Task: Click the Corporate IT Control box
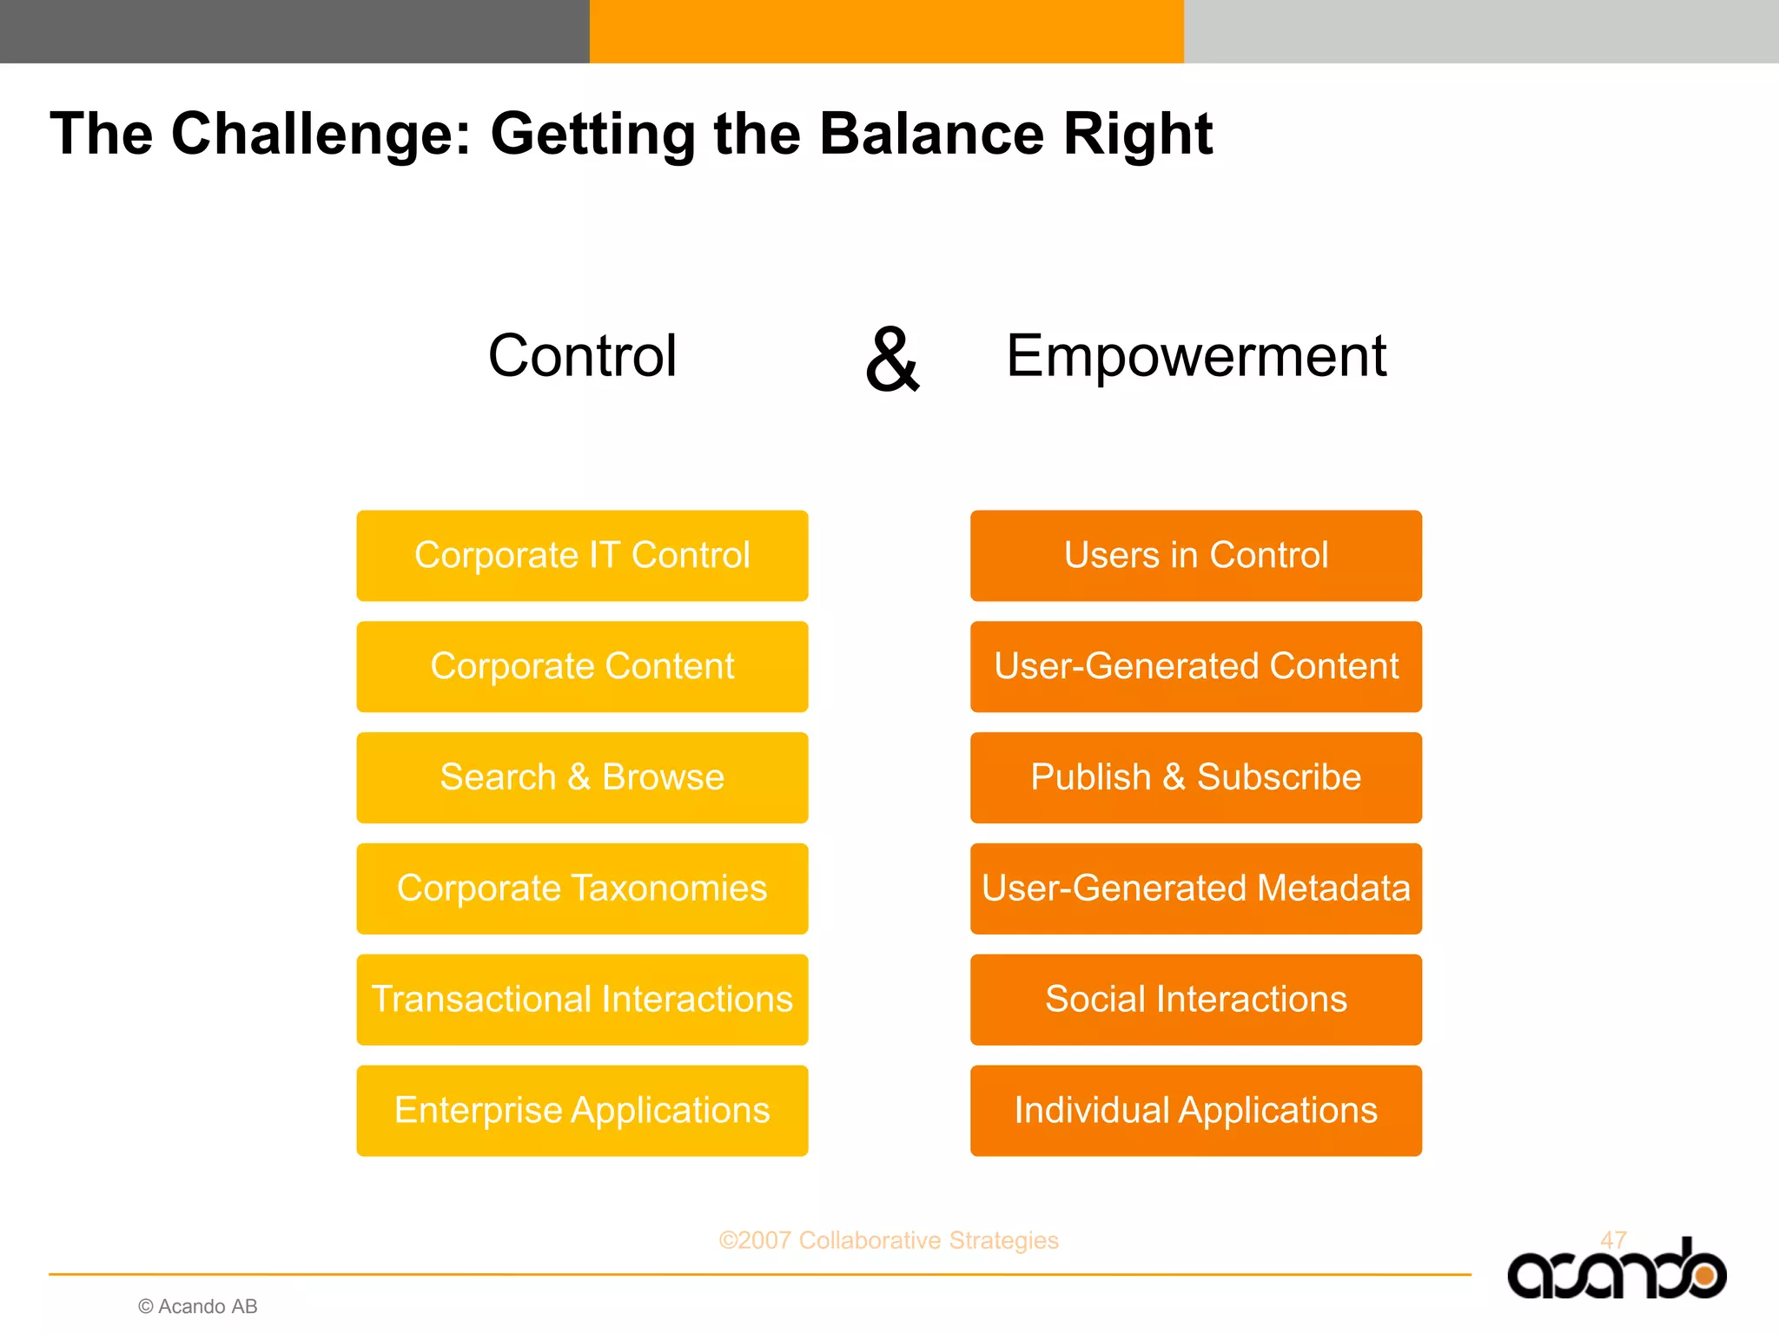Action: (582, 556)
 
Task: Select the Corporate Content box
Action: (582, 667)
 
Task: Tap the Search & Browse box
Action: (582, 777)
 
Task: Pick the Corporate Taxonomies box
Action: (582, 888)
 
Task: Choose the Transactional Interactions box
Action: (582, 1000)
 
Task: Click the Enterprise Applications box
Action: (582, 1111)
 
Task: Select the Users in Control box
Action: (1195, 556)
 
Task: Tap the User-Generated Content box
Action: (1195, 667)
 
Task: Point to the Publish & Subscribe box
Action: (1195, 777)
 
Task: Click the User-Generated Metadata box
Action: (1195, 888)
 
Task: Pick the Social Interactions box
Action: (1195, 1000)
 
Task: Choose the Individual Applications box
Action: (1195, 1111)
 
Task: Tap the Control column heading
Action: (582, 356)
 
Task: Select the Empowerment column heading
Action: (1195, 356)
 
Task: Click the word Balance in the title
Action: (931, 134)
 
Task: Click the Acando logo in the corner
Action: (1616, 1272)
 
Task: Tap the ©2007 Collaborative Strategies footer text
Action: (888, 1240)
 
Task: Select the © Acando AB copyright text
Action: (198, 1306)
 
